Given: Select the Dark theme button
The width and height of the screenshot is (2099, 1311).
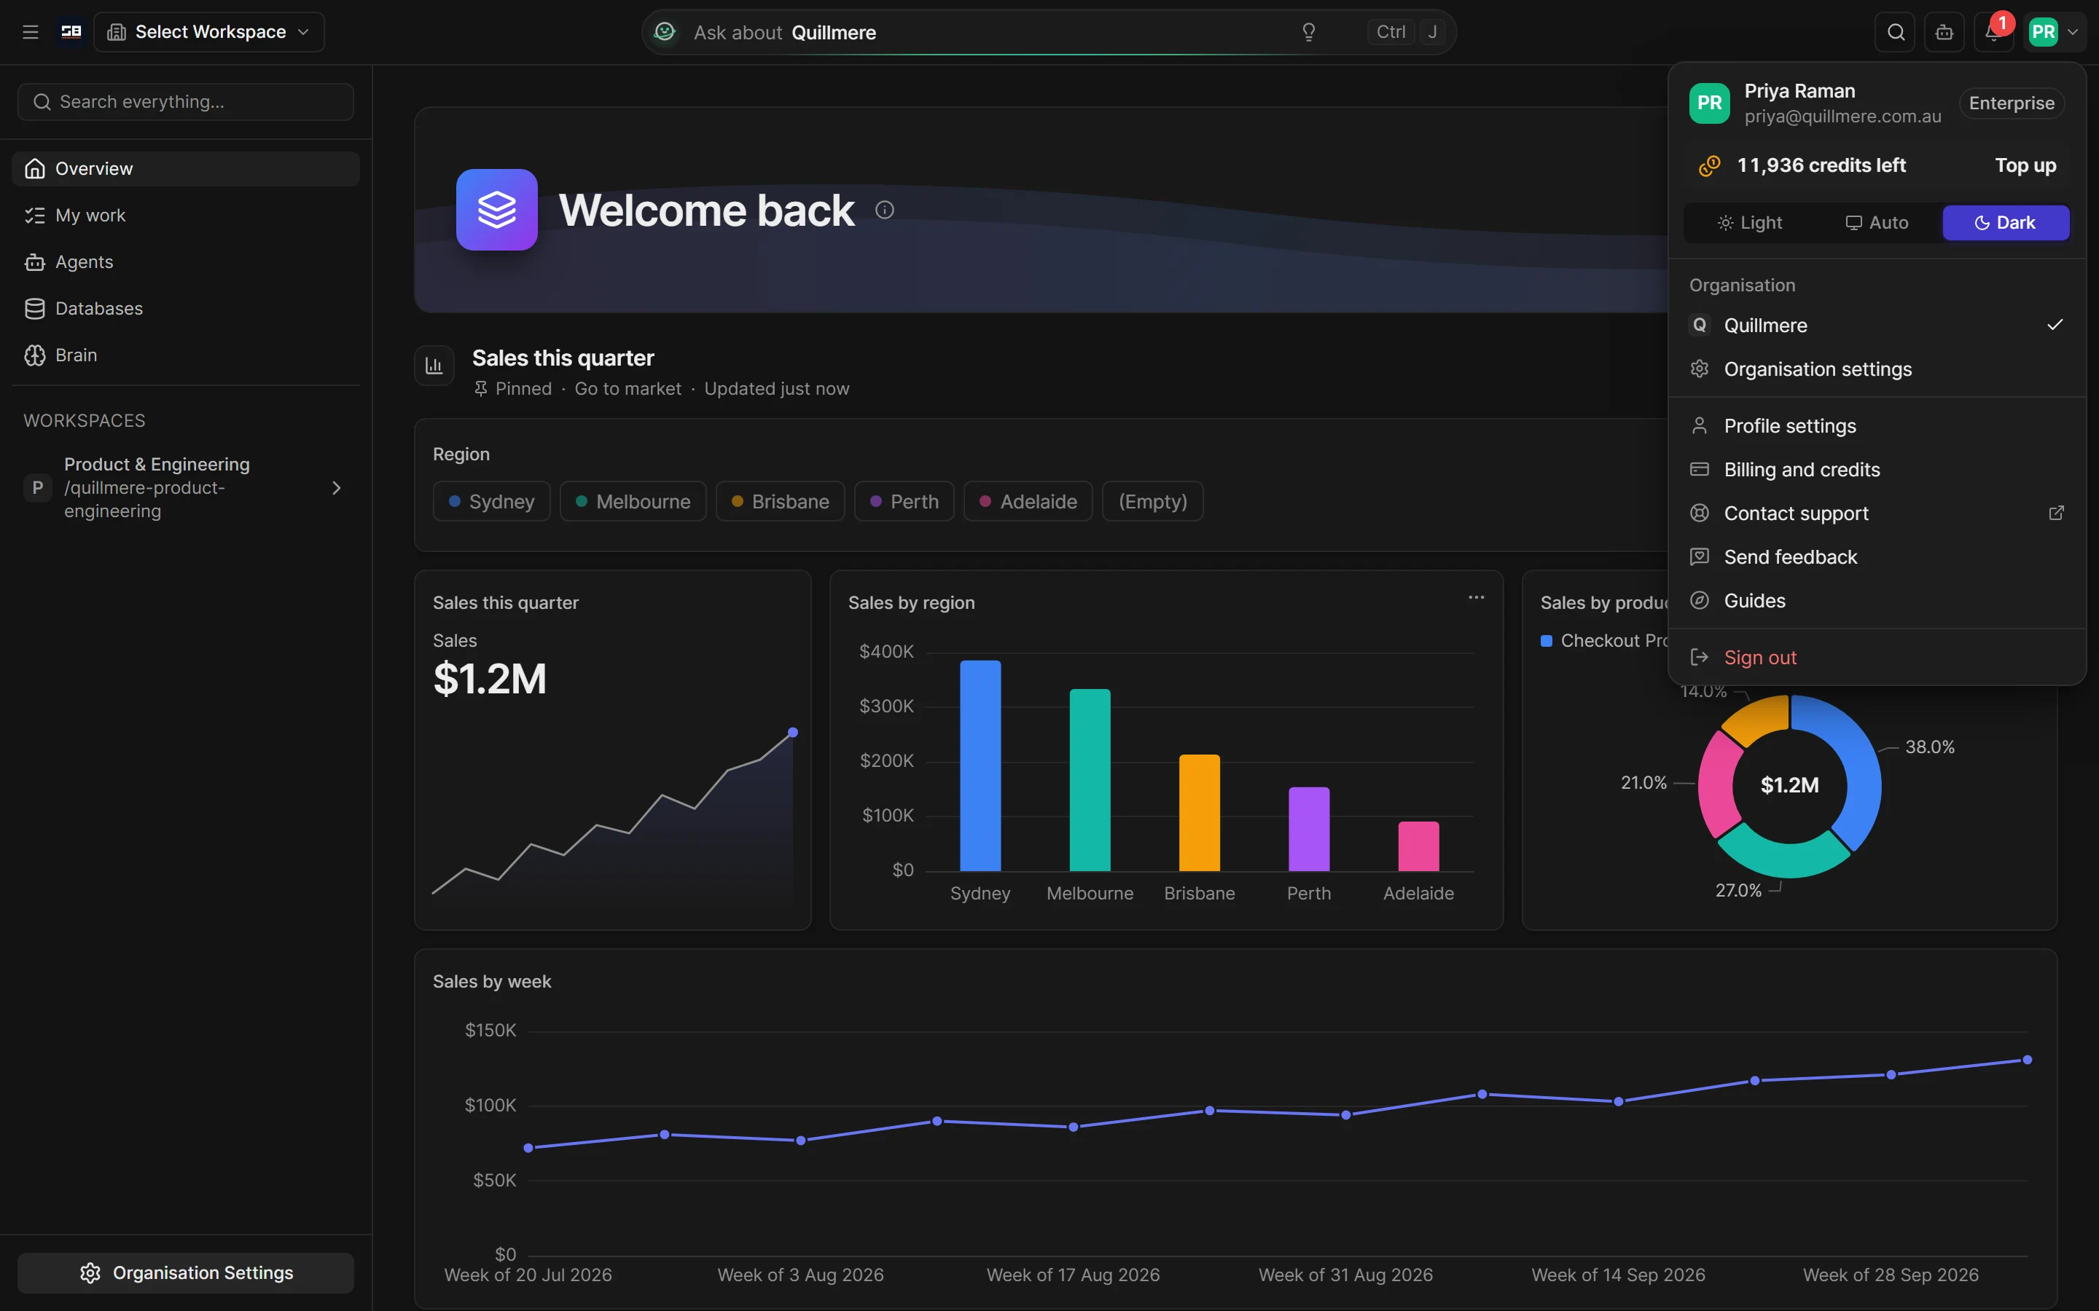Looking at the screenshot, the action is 2005,223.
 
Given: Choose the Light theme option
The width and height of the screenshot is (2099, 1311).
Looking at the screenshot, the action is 1749,223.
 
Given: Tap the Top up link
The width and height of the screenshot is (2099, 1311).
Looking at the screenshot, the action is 2025,165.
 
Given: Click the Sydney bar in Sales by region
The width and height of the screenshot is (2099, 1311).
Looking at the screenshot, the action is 980,765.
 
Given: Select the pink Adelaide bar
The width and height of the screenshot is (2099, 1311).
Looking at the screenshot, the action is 1418,846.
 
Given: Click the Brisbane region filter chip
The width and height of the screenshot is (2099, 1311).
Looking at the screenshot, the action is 780,501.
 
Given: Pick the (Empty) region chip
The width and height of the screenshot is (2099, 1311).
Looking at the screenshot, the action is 1152,501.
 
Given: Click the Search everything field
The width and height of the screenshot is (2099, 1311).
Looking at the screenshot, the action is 186,102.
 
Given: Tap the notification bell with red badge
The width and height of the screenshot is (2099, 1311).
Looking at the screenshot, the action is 1993,32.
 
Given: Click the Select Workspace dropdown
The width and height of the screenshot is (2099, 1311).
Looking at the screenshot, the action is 209,32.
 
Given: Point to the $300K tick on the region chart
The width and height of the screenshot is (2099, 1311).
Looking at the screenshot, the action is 886,706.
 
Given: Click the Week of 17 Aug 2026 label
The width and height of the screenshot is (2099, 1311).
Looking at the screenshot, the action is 1073,1275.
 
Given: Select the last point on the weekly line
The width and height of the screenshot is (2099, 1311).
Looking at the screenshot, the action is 2027,1060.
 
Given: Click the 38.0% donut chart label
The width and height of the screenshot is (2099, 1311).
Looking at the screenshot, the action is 1930,747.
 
